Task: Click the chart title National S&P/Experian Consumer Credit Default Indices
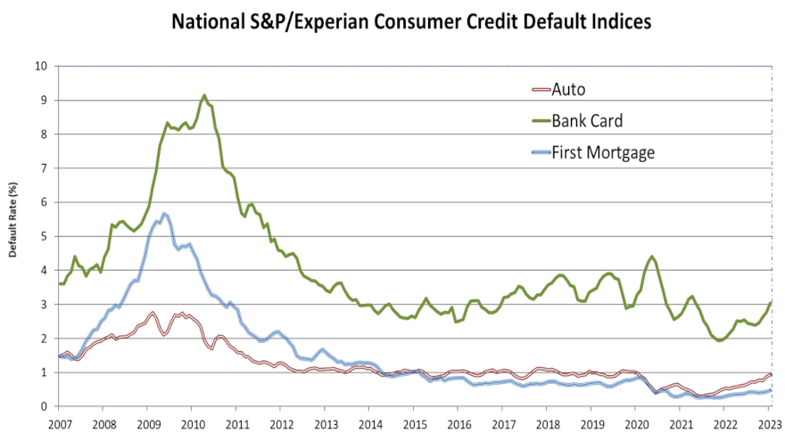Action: (392, 20)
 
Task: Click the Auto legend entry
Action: (568, 89)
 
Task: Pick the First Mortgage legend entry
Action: (603, 152)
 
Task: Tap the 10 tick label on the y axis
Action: (40, 66)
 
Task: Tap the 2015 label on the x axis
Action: (414, 424)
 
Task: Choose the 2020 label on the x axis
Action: (636, 424)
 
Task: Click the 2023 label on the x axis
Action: (769, 424)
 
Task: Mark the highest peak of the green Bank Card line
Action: (204, 95)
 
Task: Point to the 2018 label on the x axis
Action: (547, 424)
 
